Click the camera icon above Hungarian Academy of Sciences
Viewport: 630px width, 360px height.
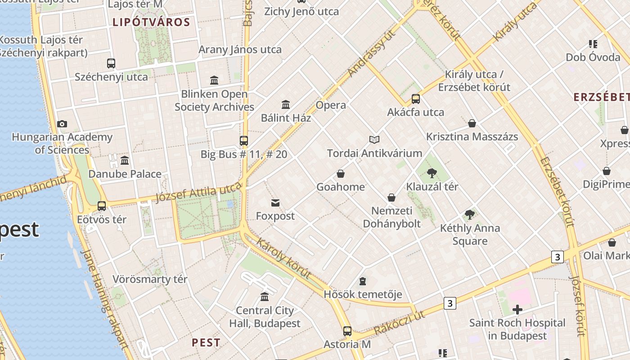click(62, 124)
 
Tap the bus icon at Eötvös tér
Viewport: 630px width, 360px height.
click(102, 206)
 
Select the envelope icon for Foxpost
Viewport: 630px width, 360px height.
click(275, 203)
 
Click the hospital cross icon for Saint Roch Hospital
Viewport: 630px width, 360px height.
click(517, 310)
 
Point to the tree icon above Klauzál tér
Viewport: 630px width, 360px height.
click(432, 173)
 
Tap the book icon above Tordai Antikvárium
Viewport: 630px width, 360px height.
click(374, 139)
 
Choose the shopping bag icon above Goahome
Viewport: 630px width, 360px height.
click(341, 174)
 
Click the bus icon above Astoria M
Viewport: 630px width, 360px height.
click(347, 331)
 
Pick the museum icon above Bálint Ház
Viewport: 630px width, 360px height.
click(286, 105)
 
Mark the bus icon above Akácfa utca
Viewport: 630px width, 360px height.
click(416, 99)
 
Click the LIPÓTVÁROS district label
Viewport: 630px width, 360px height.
click(151, 22)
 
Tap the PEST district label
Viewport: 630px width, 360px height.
click(206, 342)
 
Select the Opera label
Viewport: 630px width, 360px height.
click(331, 105)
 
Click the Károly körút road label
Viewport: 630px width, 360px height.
click(283, 258)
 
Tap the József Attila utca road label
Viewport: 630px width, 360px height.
click(198, 194)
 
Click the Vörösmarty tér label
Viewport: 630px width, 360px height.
click(150, 279)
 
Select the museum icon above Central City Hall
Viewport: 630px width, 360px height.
click(265, 297)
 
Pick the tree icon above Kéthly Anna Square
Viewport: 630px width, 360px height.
click(470, 215)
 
